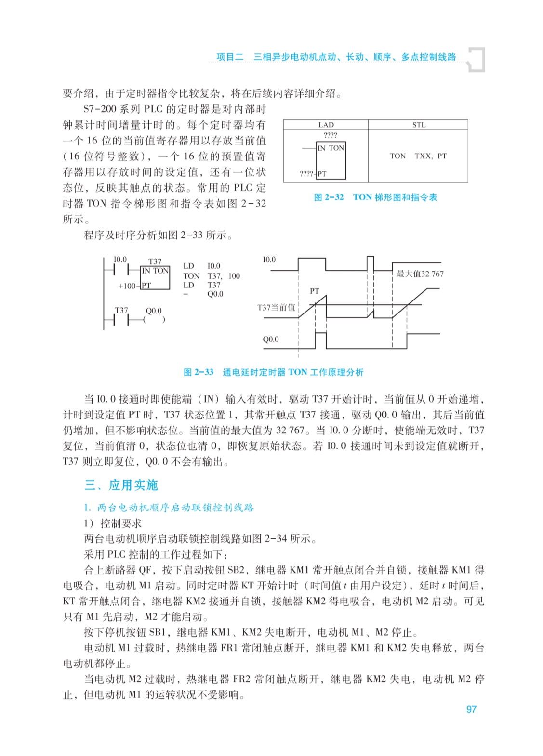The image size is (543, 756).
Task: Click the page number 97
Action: pos(471,709)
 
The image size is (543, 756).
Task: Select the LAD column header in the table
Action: pos(326,125)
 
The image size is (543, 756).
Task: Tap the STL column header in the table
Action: pos(419,125)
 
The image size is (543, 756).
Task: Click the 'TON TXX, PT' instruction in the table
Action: pos(418,156)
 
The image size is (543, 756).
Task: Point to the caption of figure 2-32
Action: pos(375,197)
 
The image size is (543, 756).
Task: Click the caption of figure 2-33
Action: pos(273,372)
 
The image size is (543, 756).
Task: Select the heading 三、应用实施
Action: pos(121,485)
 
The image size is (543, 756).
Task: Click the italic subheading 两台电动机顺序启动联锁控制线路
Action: pos(174,508)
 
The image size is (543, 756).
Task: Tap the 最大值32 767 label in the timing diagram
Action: pos(420,274)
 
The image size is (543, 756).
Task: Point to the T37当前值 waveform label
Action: pos(276,308)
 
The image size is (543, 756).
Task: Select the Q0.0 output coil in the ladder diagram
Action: pos(154,319)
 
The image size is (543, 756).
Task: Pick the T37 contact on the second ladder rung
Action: pos(121,319)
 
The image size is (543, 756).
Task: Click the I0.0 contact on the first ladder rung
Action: pos(120,270)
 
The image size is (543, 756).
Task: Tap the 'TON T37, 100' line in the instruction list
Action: pos(211,276)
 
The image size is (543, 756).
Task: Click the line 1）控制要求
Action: pos(113,523)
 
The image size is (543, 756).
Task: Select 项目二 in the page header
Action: pos(230,57)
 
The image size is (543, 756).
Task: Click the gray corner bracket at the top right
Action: pos(477,59)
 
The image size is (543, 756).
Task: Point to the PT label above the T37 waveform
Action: pos(314,291)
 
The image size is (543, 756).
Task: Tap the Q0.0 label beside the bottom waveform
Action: pos(270,339)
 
